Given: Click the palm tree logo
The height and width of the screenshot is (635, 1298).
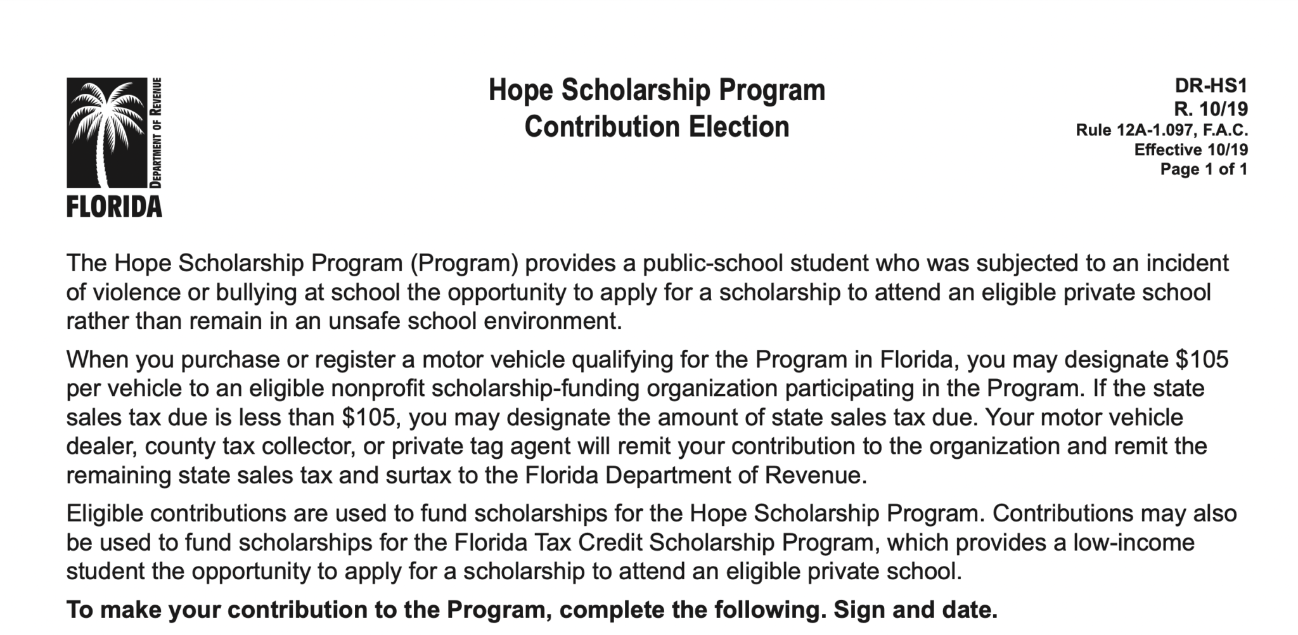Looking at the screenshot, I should coord(106,132).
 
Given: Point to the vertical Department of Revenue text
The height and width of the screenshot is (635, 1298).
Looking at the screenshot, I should coord(156,132).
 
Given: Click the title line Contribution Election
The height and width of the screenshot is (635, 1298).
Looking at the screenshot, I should coord(657,127).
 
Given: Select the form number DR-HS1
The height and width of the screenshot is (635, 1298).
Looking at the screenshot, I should coord(1211,86).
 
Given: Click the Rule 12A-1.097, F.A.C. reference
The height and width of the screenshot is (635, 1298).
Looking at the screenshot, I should coord(1161,131).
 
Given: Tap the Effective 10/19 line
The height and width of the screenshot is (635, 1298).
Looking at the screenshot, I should coord(1190,150).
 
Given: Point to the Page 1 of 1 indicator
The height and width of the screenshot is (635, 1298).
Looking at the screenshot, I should coord(1203,169).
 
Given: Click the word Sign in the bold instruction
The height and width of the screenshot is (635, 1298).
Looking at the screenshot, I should coord(859,610).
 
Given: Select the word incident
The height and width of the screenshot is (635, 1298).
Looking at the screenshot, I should coord(1187,263).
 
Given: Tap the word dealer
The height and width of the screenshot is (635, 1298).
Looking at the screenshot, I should coord(100,446).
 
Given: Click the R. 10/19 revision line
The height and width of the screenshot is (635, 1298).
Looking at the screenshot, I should coord(1211,109).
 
